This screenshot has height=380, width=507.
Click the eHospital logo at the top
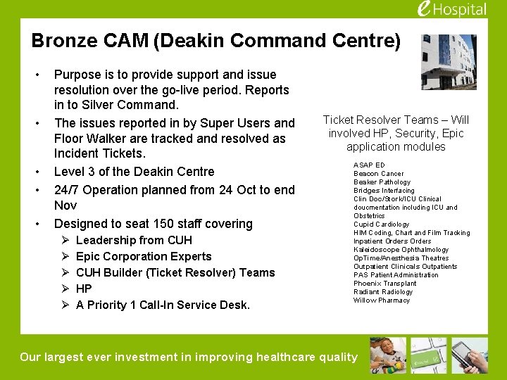[451, 9]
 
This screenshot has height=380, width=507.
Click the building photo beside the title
[448, 62]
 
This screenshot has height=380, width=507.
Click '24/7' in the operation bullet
[66, 190]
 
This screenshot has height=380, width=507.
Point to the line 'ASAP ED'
[369, 165]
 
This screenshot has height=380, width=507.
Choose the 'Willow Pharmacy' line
[381, 300]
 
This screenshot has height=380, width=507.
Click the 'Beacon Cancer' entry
[378, 174]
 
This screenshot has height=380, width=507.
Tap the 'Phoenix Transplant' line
[384, 284]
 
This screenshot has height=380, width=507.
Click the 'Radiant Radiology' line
[382, 292]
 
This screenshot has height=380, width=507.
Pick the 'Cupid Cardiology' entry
[381, 224]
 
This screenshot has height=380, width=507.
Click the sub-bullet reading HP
[84, 289]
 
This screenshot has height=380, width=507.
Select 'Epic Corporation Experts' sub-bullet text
[144, 256]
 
